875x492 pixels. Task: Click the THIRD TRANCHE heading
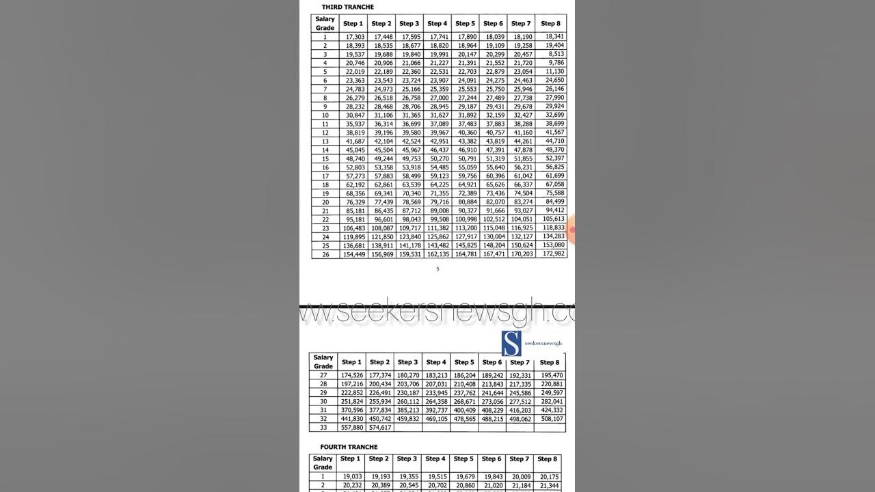(347, 7)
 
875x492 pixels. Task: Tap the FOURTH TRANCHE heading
(349, 447)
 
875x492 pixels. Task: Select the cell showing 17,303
(355, 37)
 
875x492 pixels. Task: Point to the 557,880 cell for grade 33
(353, 428)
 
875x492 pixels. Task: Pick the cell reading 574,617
(380, 428)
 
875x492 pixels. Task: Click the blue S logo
(511, 344)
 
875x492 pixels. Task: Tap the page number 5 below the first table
(437, 269)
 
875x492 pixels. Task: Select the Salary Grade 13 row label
(325, 141)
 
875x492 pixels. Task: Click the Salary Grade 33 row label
(323, 428)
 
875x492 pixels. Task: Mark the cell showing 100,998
(466, 219)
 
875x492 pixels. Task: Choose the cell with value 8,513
(555, 54)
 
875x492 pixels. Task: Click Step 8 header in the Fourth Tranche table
(547, 459)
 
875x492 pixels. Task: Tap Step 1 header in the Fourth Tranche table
(350, 459)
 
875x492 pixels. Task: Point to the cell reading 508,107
(551, 419)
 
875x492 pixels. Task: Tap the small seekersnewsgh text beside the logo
(543, 343)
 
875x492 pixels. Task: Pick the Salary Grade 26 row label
(325, 254)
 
